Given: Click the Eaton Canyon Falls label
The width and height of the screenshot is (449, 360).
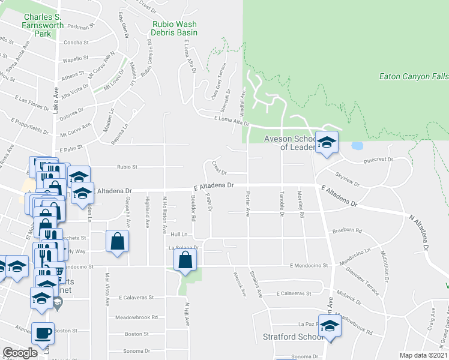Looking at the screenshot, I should tap(414, 76).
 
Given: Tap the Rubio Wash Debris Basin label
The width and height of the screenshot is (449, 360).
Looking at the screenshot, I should tap(175, 28).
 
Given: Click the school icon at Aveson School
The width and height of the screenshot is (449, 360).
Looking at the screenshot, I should tap(327, 143).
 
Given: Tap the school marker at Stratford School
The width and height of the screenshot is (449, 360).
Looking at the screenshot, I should tap(330, 326).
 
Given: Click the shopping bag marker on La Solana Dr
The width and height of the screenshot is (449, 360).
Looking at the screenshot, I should tap(185, 260).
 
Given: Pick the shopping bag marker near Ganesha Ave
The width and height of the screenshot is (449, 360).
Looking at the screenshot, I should tap(117, 241).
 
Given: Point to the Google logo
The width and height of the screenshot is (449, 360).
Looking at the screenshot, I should tap(20, 353).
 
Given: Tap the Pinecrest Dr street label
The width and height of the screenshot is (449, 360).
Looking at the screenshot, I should tap(378, 160).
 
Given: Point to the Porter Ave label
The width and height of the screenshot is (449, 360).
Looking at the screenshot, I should tap(247, 204).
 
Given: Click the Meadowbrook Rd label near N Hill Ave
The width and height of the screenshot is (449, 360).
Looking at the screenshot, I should tap(138, 317).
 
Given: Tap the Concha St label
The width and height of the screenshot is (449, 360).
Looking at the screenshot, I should tap(76, 43).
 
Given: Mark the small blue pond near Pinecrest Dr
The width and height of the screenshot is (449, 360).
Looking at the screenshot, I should tap(357, 146).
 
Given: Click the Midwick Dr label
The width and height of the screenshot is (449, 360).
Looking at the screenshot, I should tap(349, 295).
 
